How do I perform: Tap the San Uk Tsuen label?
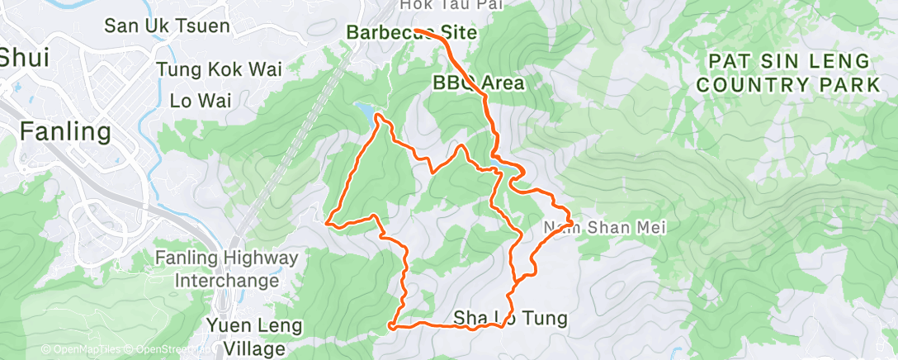point(166,26)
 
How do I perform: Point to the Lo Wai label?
point(200,101)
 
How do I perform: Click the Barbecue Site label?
point(412,34)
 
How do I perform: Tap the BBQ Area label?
point(479,83)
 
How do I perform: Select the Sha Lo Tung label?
point(510,318)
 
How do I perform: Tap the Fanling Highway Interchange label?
point(225,270)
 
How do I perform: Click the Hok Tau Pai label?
point(440,6)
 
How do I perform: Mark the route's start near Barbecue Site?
point(417,31)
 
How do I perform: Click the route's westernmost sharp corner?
point(328,222)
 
